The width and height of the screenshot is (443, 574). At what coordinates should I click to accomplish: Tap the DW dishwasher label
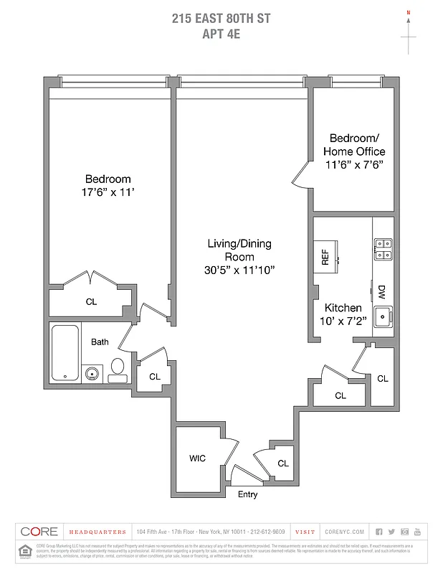click(381, 291)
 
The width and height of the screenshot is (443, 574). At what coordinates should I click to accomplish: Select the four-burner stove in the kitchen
click(382, 248)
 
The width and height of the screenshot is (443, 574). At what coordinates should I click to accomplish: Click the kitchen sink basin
click(382, 316)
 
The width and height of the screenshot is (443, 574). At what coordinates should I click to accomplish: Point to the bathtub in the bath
click(66, 354)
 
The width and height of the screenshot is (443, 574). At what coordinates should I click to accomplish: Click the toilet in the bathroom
click(117, 372)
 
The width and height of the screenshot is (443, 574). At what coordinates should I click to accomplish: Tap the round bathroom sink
click(92, 373)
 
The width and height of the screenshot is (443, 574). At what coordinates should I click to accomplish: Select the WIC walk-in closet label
click(198, 458)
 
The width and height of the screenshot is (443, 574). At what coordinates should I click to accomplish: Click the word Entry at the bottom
click(247, 494)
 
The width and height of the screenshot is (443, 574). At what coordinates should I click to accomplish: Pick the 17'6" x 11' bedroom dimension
click(108, 192)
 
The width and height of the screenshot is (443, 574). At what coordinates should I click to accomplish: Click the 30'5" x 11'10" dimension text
click(239, 270)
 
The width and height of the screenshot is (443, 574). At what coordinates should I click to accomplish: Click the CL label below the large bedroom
click(91, 302)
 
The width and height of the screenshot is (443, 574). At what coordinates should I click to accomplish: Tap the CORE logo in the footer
click(39, 532)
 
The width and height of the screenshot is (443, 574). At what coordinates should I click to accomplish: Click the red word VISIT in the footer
click(305, 532)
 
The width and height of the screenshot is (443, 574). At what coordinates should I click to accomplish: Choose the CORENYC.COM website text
click(344, 532)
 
